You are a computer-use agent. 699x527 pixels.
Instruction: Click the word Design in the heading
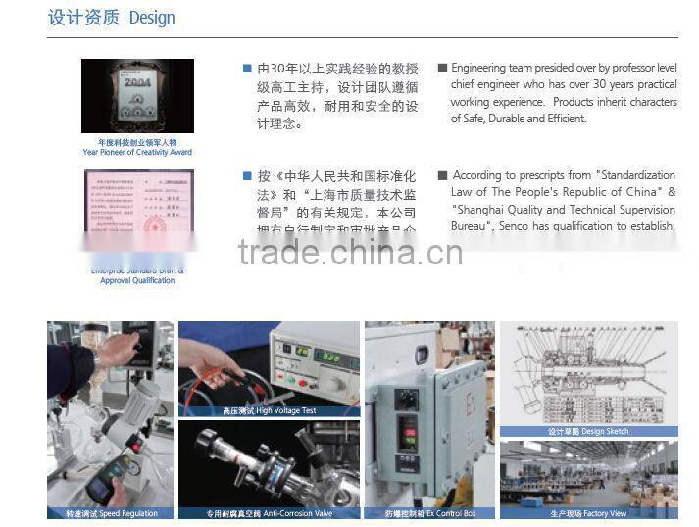point(152,18)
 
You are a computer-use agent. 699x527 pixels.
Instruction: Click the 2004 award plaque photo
point(137,97)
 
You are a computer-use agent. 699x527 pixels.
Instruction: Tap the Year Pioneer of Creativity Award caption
point(137,152)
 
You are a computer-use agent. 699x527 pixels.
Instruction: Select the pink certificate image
point(137,206)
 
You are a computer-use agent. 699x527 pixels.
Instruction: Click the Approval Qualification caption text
point(137,281)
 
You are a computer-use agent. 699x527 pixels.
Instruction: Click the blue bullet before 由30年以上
point(247,69)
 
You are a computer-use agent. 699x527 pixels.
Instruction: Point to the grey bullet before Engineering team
point(442,69)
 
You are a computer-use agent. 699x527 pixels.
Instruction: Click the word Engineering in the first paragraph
point(478,69)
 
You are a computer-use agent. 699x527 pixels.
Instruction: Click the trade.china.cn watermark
point(350,252)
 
